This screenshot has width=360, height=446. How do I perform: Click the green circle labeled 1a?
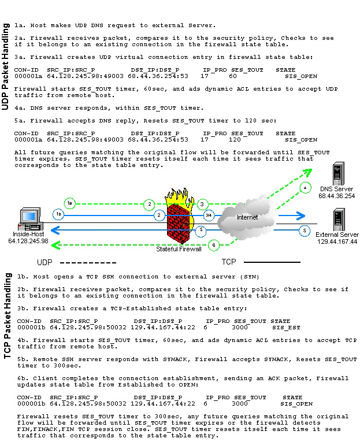[70, 203]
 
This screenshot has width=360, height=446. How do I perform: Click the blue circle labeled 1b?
[58, 214]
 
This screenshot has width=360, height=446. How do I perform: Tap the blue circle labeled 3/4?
[209, 215]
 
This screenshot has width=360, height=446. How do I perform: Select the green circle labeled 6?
[213, 244]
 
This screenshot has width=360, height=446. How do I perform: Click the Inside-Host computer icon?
[28, 219]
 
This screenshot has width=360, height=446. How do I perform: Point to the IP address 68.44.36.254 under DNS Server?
[337, 196]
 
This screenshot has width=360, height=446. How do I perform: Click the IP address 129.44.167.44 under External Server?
[337, 241]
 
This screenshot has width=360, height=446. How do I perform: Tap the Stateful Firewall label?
[179, 249]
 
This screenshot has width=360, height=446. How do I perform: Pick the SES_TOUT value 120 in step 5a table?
[235, 140]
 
